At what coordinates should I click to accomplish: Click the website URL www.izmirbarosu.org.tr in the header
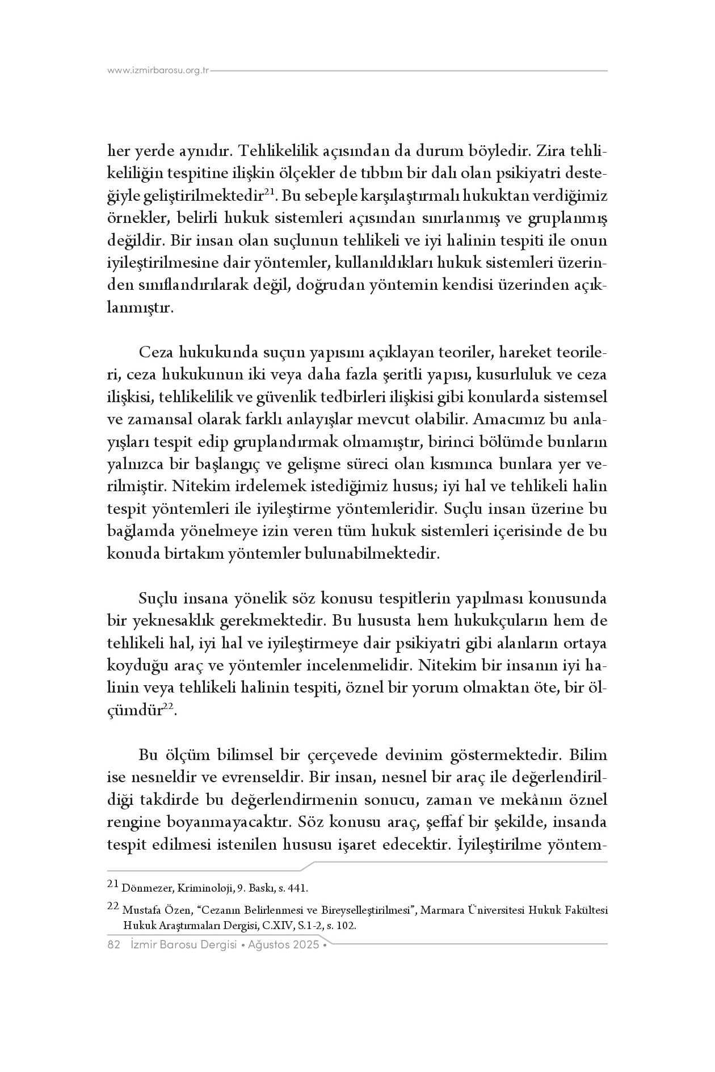click(x=158, y=71)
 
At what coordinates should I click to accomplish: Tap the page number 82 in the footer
click(x=113, y=945)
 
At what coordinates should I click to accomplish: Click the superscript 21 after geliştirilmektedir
click(x=270, y=193)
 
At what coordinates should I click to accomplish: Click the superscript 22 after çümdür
click(x=168, y=707)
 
